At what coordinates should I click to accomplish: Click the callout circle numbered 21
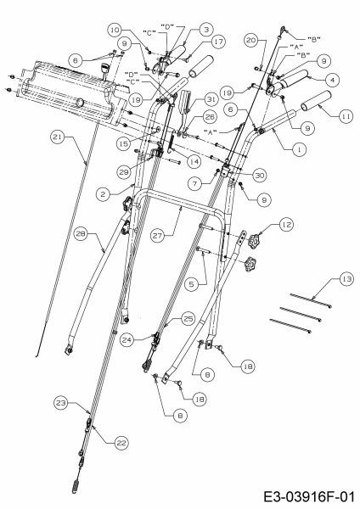[57, 137]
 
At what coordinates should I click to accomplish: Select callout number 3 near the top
[206, 30]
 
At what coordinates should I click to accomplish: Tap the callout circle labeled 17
[218, 42]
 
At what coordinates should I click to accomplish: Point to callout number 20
[252, 41]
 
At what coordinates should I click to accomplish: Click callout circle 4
[332, 80]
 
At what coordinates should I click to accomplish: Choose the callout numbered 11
[346, 115]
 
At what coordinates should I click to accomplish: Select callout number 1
[299, 149]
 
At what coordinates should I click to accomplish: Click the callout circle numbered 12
[286, 224]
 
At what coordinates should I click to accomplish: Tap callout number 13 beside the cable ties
[346, 279]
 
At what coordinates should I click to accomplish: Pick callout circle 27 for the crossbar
[158, 235]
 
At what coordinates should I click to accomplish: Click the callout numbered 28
[82, 234]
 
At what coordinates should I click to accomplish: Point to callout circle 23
[61, 403]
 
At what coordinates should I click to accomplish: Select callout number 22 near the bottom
[121, 443]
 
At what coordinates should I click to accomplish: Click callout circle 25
[188, 319]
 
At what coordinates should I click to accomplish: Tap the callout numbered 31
[211, 99]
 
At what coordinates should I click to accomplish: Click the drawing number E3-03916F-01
[308, 497]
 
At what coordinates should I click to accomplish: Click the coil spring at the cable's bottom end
[76, 487]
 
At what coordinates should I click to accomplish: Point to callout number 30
[259, 176]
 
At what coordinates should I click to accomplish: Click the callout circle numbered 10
[115, 30]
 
